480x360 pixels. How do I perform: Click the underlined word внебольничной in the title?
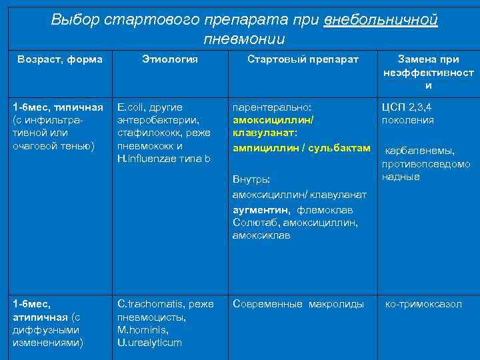coord(381,19)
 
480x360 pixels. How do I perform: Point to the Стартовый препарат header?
coord(303,59)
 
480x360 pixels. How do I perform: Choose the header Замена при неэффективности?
coord(429,72)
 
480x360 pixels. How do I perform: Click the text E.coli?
coord(131,107)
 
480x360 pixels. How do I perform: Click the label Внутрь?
coord(251,179)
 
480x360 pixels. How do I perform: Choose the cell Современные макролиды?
coord(298,304)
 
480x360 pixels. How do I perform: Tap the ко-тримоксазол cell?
coord(424,304)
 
